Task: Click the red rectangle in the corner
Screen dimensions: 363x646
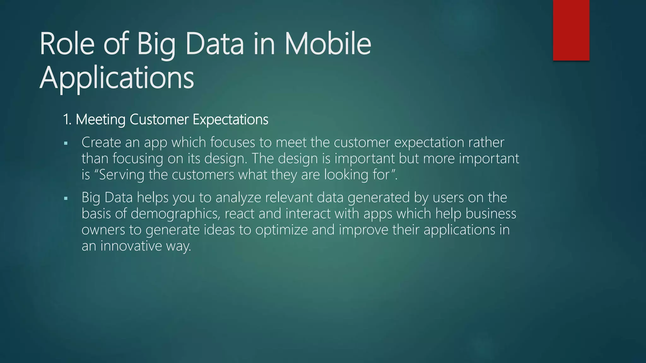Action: [571, 30]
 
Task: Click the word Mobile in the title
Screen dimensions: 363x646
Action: [328, 44]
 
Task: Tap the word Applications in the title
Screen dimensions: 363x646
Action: [117, 78]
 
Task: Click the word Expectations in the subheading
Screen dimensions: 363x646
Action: [230, 120]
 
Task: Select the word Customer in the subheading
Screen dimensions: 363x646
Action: [159, 120]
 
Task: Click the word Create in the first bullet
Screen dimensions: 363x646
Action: [101, 142]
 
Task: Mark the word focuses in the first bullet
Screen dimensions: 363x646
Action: [232, 142]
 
